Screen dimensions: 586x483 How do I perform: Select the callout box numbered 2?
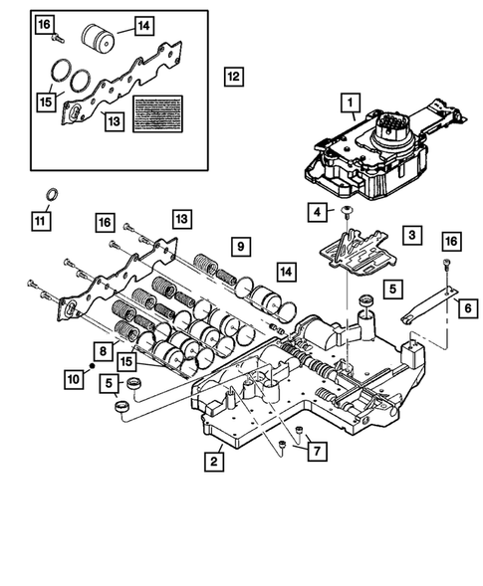click(x=214, y=461)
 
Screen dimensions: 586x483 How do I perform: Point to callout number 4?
click(x=315, y=211)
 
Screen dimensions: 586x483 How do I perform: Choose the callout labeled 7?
click(x=315, y=453)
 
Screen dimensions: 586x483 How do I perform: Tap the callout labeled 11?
click(x=40, y=221)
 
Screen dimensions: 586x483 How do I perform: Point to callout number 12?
click(x=232, y=76)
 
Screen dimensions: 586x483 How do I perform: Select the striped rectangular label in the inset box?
click(x=160, y=111)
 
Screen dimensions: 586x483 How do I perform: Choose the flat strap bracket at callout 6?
click(x=427, y=305)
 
